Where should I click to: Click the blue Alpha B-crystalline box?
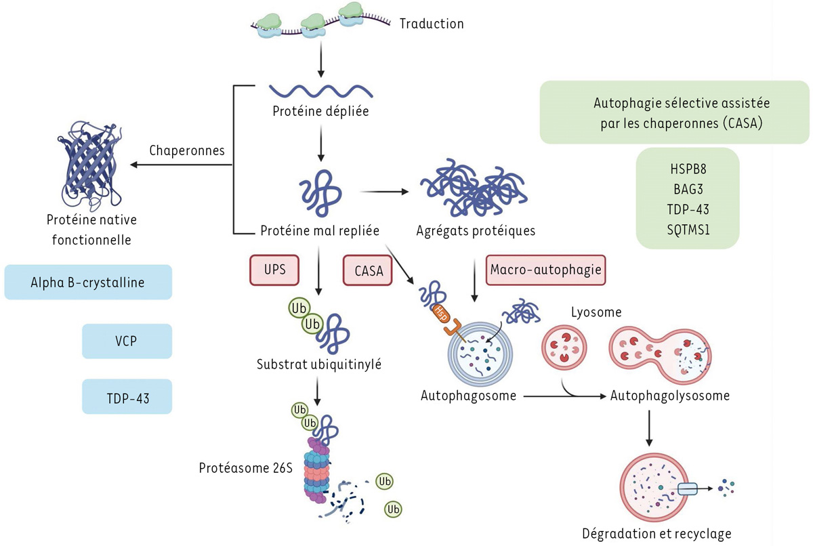pos(88,282)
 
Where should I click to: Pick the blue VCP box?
pos(126,341)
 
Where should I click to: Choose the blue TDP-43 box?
pos(126,396)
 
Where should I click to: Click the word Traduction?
pos(432,24)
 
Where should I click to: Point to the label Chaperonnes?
pos(186,150)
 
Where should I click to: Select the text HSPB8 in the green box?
pos(687,170)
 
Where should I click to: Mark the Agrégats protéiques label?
pos(476,231)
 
